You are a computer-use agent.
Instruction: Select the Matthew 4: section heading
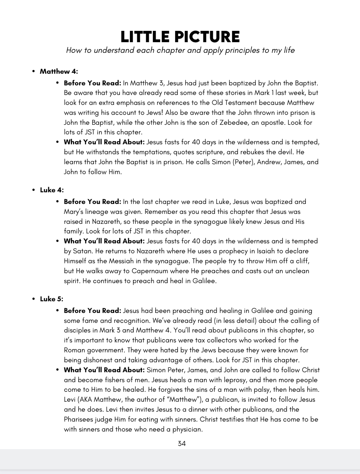click(59, 71)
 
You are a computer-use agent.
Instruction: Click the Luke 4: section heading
click(52, 190)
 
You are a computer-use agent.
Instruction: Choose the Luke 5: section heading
click(52, 299)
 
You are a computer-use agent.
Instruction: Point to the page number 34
click(182, 443)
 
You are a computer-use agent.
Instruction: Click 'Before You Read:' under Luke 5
click(93, 311)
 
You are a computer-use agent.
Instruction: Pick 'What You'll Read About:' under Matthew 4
click(105, 142)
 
